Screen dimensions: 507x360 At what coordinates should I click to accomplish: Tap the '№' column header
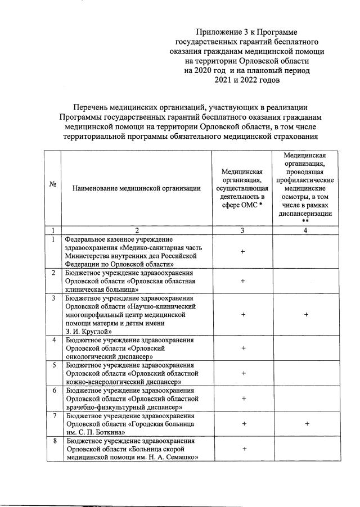[x=52, y=188]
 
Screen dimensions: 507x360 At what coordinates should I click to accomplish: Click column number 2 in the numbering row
[x=137, y=230]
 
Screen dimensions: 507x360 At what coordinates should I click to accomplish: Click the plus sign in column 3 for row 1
[x=242, y=251]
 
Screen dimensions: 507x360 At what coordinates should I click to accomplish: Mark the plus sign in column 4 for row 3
[x=307, y=315]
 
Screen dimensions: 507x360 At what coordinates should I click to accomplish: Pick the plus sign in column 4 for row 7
[x=307, y=424]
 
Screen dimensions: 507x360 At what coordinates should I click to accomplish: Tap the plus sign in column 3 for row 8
[x=242, y=449]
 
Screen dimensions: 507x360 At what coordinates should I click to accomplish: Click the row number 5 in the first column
[x=53, y=365]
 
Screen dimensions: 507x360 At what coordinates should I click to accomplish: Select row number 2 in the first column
[x=53, y=273]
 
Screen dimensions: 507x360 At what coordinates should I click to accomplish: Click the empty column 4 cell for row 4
[x=307, y=348]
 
